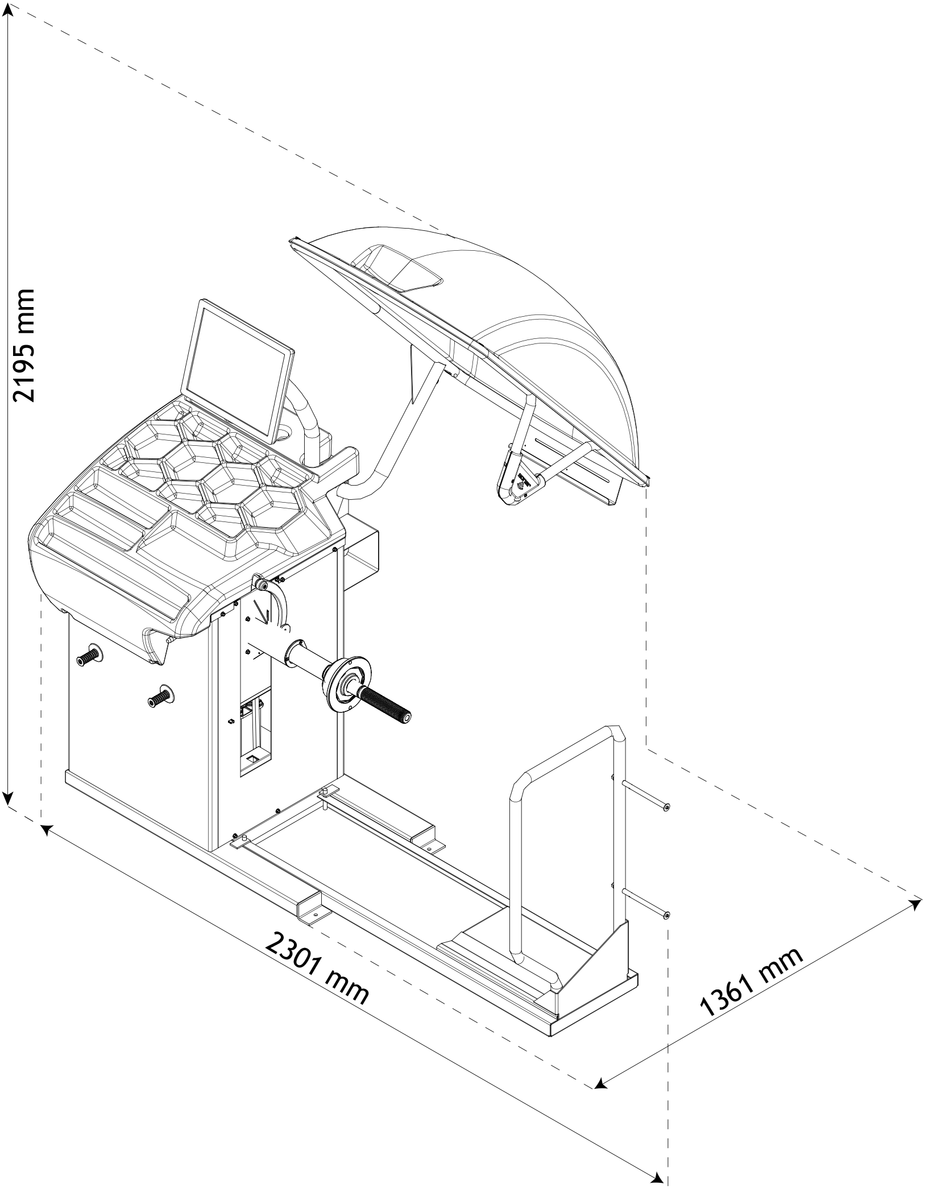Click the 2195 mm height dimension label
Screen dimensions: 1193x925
tap(24, 345)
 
